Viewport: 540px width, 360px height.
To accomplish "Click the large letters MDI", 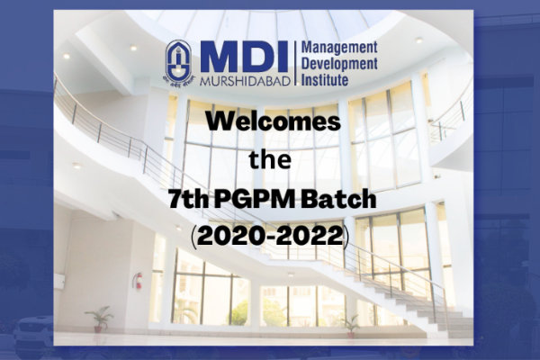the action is (243, 57).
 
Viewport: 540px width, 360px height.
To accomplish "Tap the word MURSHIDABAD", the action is (245, 81).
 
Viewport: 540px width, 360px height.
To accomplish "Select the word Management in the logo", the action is (339, 48).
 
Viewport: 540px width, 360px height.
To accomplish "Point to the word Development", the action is (339, 64).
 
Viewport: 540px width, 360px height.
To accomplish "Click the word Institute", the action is (325, 79).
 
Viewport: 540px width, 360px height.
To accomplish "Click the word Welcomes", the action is (273, 121).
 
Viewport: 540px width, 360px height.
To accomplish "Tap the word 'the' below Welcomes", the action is (270, 160).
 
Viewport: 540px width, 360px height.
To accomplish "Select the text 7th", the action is (188, 200).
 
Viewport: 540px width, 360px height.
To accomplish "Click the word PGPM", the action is (255, 200).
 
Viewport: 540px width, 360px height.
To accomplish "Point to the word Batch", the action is (338, 200).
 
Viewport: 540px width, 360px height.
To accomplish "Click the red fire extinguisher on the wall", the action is (138, 281).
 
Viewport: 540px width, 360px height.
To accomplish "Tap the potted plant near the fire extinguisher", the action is (98, 319).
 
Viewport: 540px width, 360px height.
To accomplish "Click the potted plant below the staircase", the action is (351, 326).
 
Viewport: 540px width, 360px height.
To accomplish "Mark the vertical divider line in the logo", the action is (295, 63).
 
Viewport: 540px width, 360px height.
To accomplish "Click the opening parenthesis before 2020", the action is (193, 237).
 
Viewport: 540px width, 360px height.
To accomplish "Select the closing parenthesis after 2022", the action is (346, 237).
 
